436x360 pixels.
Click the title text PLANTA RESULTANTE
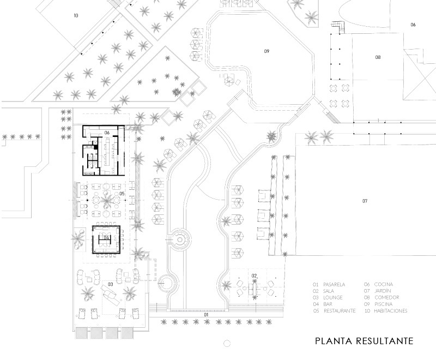click(x=364, y=341)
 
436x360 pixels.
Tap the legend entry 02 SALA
click(x=323, y=291)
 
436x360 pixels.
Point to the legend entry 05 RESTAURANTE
click(x=334, y=311)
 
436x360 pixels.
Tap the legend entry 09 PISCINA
click(x=379, y=304)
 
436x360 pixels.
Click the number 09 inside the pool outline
click(x=267, y=51)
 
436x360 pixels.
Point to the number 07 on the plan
click(x=365, y=201)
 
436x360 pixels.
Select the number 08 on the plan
click(x=377, y=57)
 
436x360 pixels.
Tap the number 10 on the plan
click(x=76, y=16)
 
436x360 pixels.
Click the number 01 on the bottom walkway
click(x=206, y=315)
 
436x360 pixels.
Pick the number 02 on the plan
click(x=254, y=275)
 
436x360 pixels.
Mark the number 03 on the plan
click(x=110, y=284)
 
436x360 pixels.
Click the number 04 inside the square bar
click(x=107, y=238)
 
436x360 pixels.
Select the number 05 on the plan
click(x=122, y=194)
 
